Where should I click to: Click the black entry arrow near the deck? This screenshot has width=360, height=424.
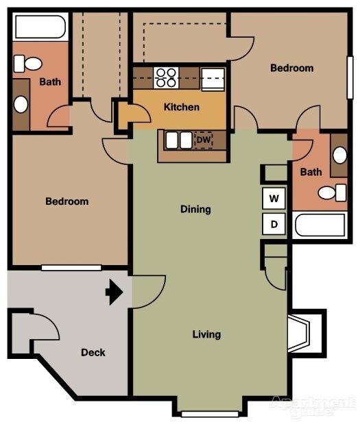click(x=113, y=293)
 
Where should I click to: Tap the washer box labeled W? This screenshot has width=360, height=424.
click(x=274, y=199)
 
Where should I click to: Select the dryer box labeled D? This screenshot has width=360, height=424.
click(x=274, y=223)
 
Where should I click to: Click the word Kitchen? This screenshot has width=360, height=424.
click(x=182, y=107)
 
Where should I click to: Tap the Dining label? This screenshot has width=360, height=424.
click(x=195, y=209)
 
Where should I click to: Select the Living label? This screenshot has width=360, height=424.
click(x=206, y=334)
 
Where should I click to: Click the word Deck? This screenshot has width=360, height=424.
click(x=93, y=353)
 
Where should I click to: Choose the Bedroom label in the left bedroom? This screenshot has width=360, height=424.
click(x=67, y=201)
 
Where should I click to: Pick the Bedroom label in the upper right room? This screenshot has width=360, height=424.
click(x=291, y=68)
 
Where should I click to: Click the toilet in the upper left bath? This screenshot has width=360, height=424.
click(x=27, y=64)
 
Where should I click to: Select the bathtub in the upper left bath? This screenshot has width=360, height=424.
click(x=40, y=27)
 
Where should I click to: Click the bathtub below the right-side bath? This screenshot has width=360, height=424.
click(x=319, y=225)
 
